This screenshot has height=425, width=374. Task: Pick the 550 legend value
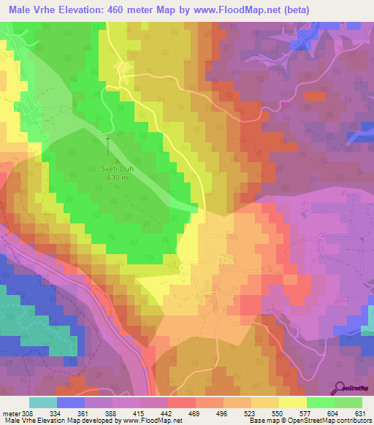point(278,413)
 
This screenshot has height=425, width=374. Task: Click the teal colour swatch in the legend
point(43,402)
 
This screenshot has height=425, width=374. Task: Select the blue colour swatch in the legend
point(71,402)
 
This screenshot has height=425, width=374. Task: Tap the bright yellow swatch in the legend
point(293,402)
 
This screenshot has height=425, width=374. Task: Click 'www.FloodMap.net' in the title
point(231,9)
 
